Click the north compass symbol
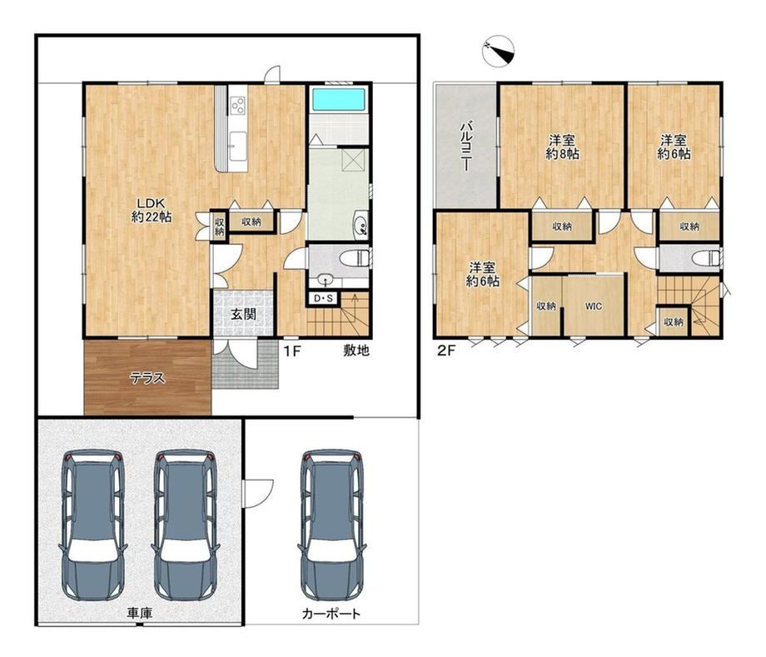pyautogui.click(x=498, y=51)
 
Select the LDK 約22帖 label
pyautogui.click(x=151, y=210)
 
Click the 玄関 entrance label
pyautogui.click(x=243, y=314)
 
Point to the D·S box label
pyautogui.click(x=322, y=298)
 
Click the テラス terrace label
pyautogui.click(x=147, y=378)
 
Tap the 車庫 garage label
pyautogui.click(x=140, y=613)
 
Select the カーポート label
pyautogui.click(x=331, y=614)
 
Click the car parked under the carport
pyautogui.click(x=333, y=525)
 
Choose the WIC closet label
pyautogui.click(x=594, y=306)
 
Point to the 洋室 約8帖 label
pyautogui.click(x=562, y=147)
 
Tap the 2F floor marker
pyautogui.click(x=445, y=351)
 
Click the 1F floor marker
pyautogui.click(x=291, y=351)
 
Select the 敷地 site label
pyautogui.click(x=356, y=350)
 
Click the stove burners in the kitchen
pyautogui.click(x=238, y=105)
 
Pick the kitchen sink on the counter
pyautogui.click(x=238, y=146)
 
